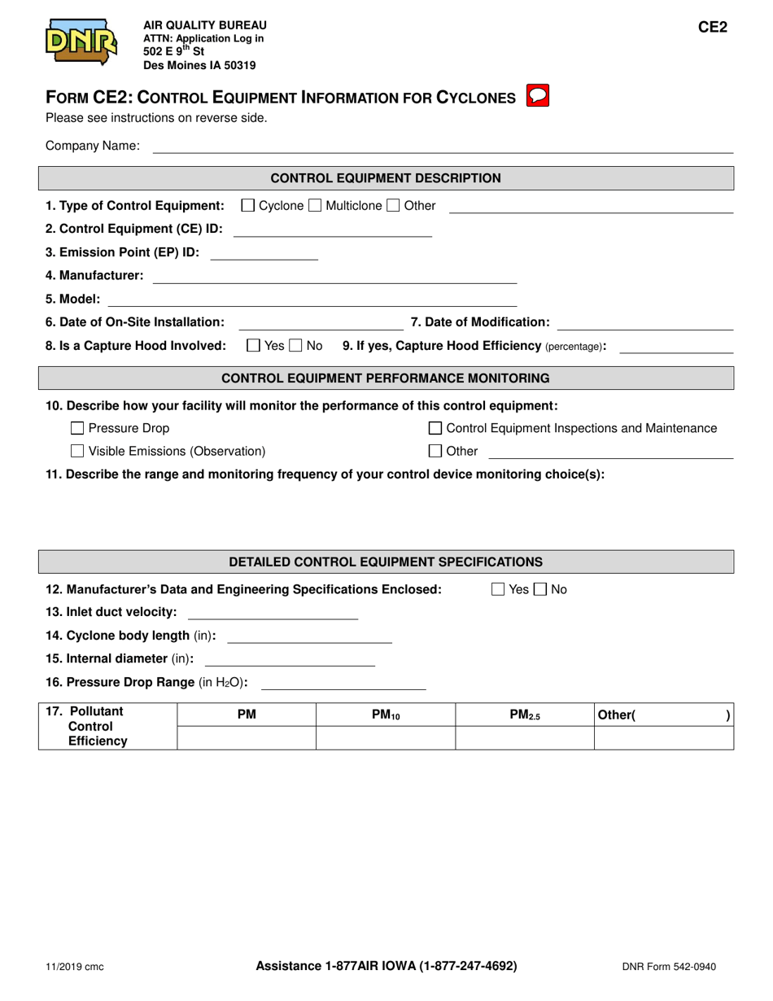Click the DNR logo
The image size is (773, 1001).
coord(81,42)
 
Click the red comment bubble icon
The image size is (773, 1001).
coord(539,96)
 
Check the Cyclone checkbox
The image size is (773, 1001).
coord(248,206)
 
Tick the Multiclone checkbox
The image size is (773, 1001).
coord(316,206)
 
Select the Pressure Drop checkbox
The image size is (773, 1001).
coord(77,428)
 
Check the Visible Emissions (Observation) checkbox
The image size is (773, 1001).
coord(77,451)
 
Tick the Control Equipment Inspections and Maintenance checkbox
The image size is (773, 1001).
coord(435,428)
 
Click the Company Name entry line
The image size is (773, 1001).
coord(443,146)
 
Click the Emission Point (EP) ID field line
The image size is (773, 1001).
coord(264,253)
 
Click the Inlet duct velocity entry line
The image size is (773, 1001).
coord(273,613)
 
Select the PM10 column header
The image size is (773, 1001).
coord(385,715)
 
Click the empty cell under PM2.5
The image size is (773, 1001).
coord(524,737)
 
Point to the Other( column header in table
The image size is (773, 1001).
coord(616,715)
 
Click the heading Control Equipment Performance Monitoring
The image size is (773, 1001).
coord(386,378)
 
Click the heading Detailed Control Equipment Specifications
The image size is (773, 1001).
coord(386,562)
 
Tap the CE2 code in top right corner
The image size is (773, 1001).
coord(712,27)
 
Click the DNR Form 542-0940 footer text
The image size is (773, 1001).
coord(669,967)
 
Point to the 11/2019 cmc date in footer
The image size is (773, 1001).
coord(74,967)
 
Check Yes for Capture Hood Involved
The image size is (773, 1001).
coord(254,346)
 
